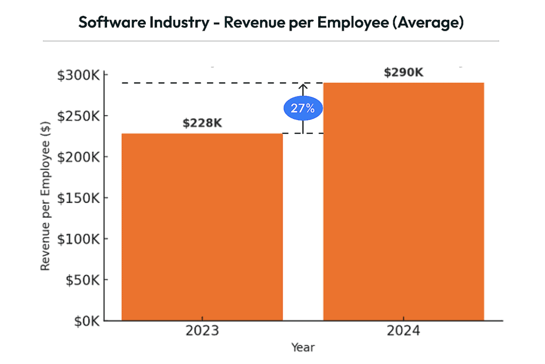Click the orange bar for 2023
coord(202,227)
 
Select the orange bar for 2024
coord(403,201)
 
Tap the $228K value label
coord(202,123)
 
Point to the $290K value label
coord(403,72)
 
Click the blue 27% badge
coord(302,108)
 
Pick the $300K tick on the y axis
coord(78,75)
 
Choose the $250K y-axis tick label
coord(78,116)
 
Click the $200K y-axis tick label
coord(78,157)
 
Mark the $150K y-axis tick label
coord(78,198)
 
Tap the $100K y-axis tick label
coord(78,239)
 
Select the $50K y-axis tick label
coord(81,280)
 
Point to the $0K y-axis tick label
coord(84,321)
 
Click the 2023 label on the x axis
coord(202,331)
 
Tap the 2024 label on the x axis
coord(403,331)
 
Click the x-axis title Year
coord(303,347)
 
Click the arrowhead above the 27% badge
coord(303,86)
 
